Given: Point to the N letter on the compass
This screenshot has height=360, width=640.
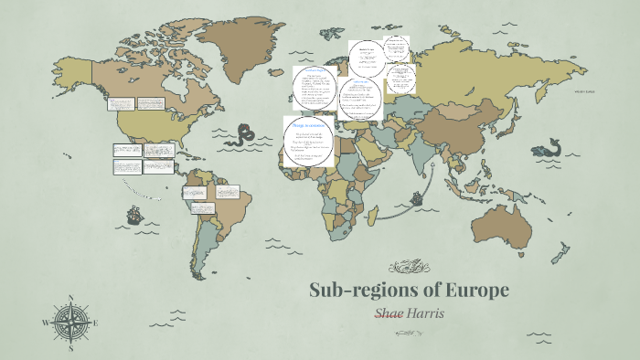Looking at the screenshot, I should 70,297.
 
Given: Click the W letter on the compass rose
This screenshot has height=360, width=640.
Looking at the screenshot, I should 46,323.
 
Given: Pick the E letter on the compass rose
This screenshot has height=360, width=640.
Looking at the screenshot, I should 95,323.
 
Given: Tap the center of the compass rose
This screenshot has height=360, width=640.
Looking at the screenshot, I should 70,323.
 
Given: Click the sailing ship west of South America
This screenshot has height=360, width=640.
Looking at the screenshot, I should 133,216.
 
